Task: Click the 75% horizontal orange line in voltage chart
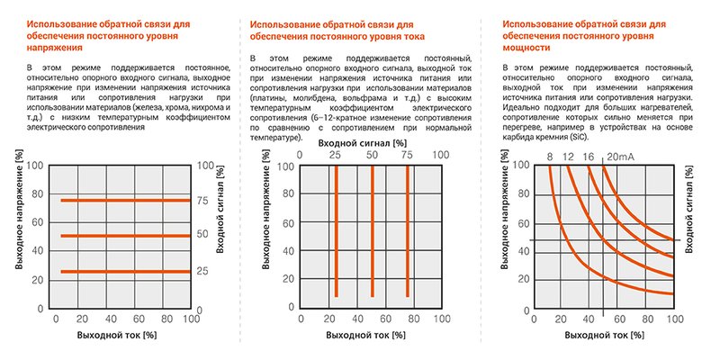[124, 200]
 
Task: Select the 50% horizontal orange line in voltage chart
[124, 236]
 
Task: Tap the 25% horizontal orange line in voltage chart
[124, 271]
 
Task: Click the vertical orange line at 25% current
[336, 229]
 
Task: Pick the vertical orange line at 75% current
[408, 229]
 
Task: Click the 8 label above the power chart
[549, 157]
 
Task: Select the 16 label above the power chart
[589, 157]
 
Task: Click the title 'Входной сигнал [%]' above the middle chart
[371, 141]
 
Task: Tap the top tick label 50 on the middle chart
[371, 156]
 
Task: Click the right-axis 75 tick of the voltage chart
[203, 200]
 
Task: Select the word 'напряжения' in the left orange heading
[54, 46]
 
